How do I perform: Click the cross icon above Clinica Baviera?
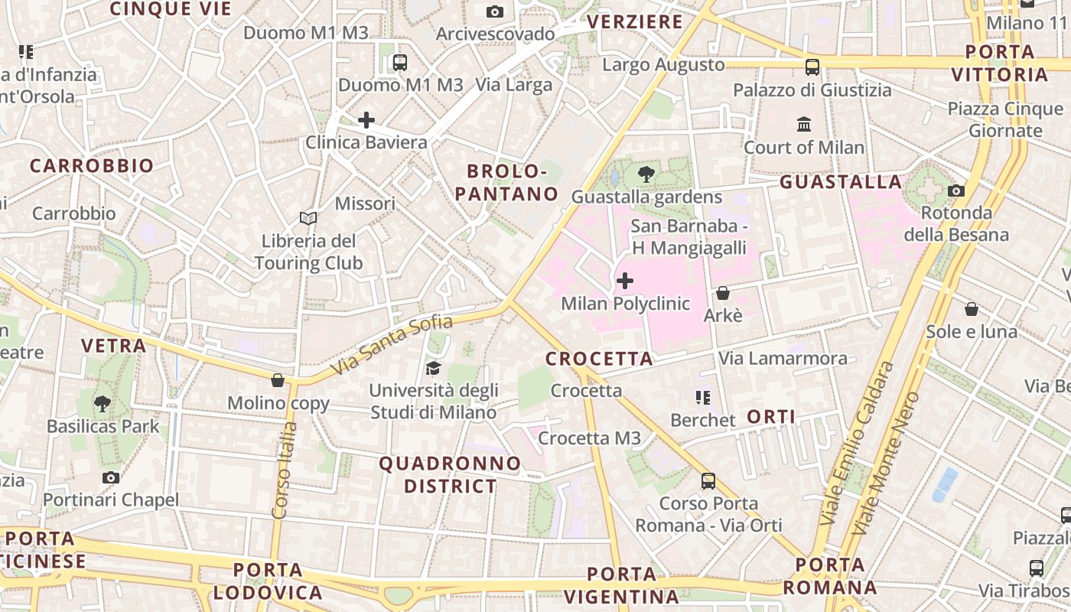pyautogui.click(x=366, y=120)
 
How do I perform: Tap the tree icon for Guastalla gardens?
pyautogui.click(x=646, y=174)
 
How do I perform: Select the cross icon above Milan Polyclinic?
pyautogui.click(x=625, y=281)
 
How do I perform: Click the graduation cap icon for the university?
pyautogui.click(x=434, y=369)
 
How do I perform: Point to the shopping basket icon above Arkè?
pyautogui.click(x=722, y=293)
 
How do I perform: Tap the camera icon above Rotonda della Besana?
pyautogui.click(x=956, y=190)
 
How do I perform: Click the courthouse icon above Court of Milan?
pyautogui.click(x=804, y=124)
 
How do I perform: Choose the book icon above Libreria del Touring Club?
pyautogui.click(x=308, y=219)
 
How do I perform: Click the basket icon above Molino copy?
pyautogui.click(x=278, y=380)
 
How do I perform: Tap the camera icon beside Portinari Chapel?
pyautogui.click(x=111, y=478)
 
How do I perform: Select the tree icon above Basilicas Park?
pyautogui.click(x=102, y=403)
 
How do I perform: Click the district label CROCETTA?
pyautogui.click(x=599, y=359)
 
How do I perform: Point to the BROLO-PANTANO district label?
pyautogui.click(x=507, y=182)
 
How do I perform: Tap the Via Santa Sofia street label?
pyautogui.click(x=392, y=347)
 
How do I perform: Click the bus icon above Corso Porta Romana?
pyautogui.click(x=708, y=481)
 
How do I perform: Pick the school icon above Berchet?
pyautogui.click(x=702, y=398)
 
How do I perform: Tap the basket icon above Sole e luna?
pyautogui.click(x=972, y=309)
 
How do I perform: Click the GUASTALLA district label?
pyautogui.click(x=841, y=182)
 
